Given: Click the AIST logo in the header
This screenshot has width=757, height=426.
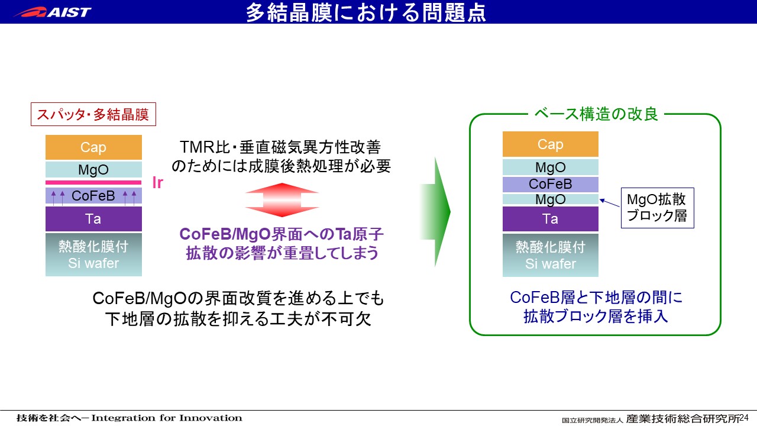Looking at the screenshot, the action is pos(53,12).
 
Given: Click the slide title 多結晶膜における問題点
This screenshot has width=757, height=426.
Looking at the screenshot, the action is pos(366,12).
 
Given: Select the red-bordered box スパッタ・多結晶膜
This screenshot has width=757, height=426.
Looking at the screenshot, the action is pos(93,114).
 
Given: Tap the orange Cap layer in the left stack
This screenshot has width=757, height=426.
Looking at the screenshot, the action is pos(93,147).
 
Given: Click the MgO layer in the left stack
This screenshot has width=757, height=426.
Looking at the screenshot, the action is pos(93,169).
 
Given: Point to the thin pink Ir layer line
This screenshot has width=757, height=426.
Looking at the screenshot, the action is pos(93,183).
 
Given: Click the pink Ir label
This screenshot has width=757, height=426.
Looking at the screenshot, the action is pos(158,183).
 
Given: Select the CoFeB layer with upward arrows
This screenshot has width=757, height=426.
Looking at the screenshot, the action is pos(93,196).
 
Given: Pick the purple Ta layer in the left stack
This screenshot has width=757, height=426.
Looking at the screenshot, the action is pos(93,219).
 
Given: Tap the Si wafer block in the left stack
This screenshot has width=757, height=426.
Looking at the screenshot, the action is pos(93,254).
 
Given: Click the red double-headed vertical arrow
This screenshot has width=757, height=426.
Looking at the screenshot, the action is pos(282,200).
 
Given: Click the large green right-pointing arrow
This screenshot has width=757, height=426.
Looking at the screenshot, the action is pos(435,212).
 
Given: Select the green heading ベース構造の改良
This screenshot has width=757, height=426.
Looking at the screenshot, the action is pos(596,114).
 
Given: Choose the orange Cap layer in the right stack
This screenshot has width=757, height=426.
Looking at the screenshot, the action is pos(551,144).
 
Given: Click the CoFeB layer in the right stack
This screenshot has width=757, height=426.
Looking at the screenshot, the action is pos(551,184).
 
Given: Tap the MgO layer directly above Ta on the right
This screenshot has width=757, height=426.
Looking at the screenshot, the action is pos(551,199).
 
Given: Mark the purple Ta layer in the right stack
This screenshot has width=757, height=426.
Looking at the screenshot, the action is pos(551,219).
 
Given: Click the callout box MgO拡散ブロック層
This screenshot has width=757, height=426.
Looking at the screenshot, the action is pos(657,208).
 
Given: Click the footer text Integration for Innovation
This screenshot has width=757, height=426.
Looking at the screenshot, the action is pos(167,418).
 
